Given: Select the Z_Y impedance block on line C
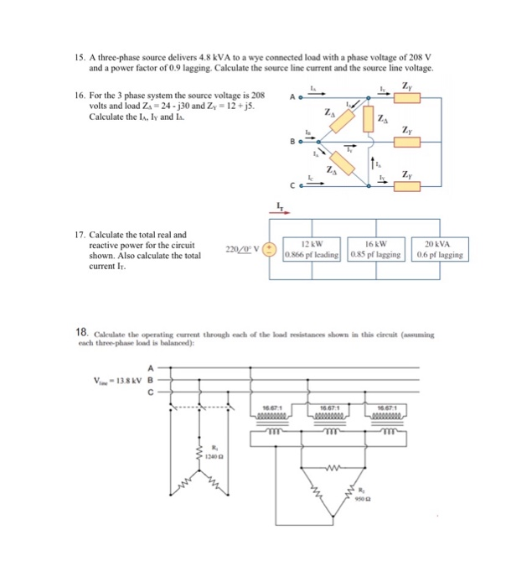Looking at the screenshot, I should pos(408,186).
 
